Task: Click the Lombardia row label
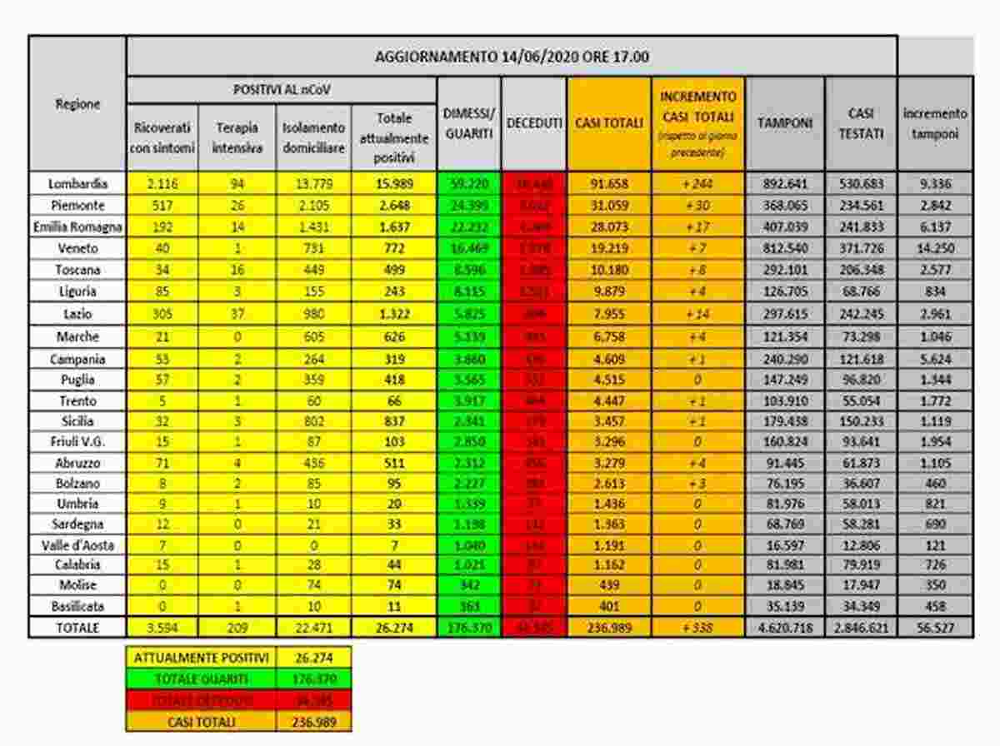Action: click(77, 183)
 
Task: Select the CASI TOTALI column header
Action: click(608, 123)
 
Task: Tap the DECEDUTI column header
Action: click(533, 123)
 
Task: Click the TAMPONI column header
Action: click(784, 123)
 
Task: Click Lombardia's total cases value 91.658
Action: click(608, 183)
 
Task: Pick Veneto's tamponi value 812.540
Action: click(784, 248)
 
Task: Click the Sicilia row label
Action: click(77, 421)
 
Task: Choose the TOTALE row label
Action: click(77, 628)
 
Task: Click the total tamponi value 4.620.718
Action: click(784, 628)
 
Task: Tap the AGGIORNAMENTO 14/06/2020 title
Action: click(512, 57)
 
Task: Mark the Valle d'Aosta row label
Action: click(77, 545)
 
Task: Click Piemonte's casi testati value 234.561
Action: click(860, 205)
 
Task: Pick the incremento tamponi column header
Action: click(934, 123)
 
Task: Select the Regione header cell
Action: click(77, 104)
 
